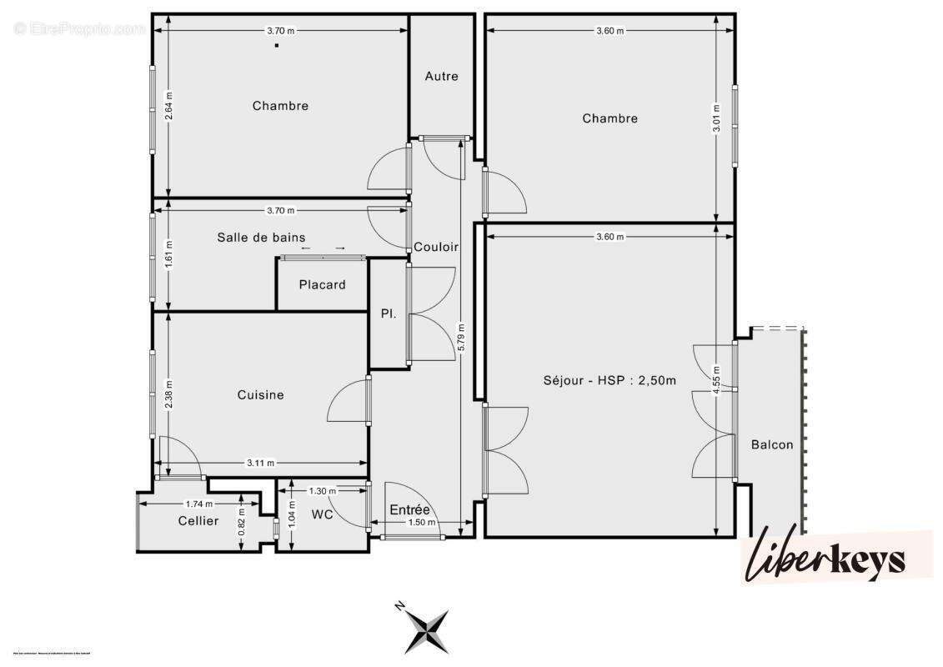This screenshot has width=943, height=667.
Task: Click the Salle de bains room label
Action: [261, 238]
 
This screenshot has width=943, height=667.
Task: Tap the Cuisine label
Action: [260, 395]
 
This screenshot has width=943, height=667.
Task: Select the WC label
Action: [323, 515]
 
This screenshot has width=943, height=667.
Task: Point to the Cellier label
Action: [198, 521]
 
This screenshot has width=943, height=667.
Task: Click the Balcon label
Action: [772, 445]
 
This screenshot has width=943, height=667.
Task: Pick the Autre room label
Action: [441, 77]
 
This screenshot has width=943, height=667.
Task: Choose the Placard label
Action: [322, 285]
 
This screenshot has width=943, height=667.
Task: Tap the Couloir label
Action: [436, 248]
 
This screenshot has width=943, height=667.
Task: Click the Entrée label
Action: [409, 510]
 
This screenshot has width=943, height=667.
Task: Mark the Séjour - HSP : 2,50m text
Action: [609, 381]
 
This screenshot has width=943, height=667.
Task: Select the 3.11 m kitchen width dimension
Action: [261, 464]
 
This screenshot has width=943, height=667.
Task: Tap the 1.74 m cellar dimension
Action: [198, 504]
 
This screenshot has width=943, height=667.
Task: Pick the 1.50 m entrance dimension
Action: [422, 523]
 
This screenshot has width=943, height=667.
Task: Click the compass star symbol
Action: [428, 629]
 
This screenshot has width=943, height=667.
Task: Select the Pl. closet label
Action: [389, 314]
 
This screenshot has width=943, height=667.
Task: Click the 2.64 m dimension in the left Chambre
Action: [168, 106]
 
